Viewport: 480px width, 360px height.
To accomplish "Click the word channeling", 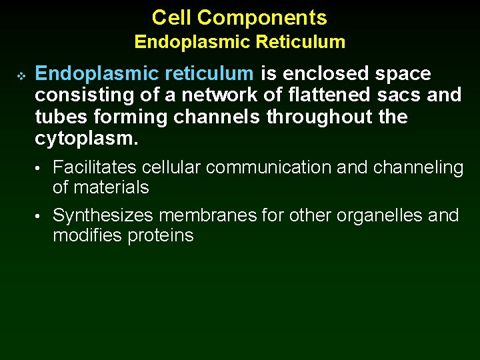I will [x=418, y=168].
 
